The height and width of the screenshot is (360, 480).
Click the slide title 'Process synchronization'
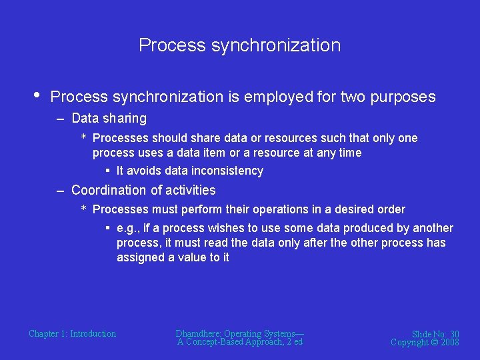(x=239, y=45)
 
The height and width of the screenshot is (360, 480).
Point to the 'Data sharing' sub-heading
(x=109, y=119)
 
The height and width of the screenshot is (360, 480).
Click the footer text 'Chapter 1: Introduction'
(x=72, y=333)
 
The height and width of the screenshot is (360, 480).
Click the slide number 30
(x=454, y=334)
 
